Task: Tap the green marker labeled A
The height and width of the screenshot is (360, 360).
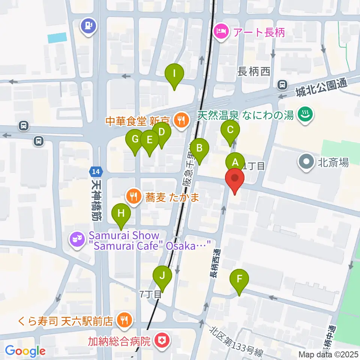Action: (x=235, y=162)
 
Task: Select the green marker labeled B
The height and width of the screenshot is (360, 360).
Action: (x=199, y=148)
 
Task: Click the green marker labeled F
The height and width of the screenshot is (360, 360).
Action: (x=239, y=279)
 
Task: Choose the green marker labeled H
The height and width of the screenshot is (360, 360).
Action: (x=121, y=213)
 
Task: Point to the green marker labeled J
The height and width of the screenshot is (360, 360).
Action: (x=162, y=276)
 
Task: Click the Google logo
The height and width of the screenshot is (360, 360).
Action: (x=25, y=351)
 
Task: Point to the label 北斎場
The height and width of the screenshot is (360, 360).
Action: (x=333, y=162)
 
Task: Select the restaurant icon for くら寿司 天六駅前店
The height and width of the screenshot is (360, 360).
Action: (x=123, y=320)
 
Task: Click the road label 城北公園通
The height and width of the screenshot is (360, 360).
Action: (x=321, y=86)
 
